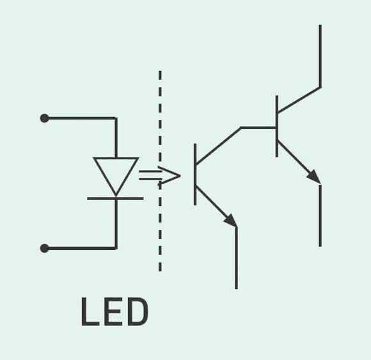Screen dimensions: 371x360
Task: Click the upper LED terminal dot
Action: (x=45, y=118)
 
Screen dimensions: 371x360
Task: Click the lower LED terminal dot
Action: (x=45, y=248)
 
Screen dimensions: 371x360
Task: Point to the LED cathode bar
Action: (x=116, y=198)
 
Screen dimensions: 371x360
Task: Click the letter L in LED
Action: (x=90, y=311)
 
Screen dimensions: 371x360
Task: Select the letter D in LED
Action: (x=138, y=311)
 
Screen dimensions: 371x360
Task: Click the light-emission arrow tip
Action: (x=180, y=175)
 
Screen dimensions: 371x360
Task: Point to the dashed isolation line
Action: (x=160, y=171)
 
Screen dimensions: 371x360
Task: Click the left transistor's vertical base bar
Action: (x=195, y=175)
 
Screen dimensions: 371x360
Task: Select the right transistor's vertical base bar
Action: (x=277, y=127)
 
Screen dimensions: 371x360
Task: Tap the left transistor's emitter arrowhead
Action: (x=231, y=221)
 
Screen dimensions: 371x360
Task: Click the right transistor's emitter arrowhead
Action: (x=314, y=176)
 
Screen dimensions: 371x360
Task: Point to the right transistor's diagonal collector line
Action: (x=299, y=100)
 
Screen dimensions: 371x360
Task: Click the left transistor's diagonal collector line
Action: (x=218, y=146)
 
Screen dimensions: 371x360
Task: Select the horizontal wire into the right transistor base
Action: (x=258, y=128)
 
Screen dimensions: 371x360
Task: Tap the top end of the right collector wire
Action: (x=320, y=25)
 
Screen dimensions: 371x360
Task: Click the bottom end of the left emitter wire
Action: (x=237, y=289)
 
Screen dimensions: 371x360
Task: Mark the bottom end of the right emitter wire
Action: (x=320, y=246)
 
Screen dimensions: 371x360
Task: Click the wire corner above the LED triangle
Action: (x=116, y=118)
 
